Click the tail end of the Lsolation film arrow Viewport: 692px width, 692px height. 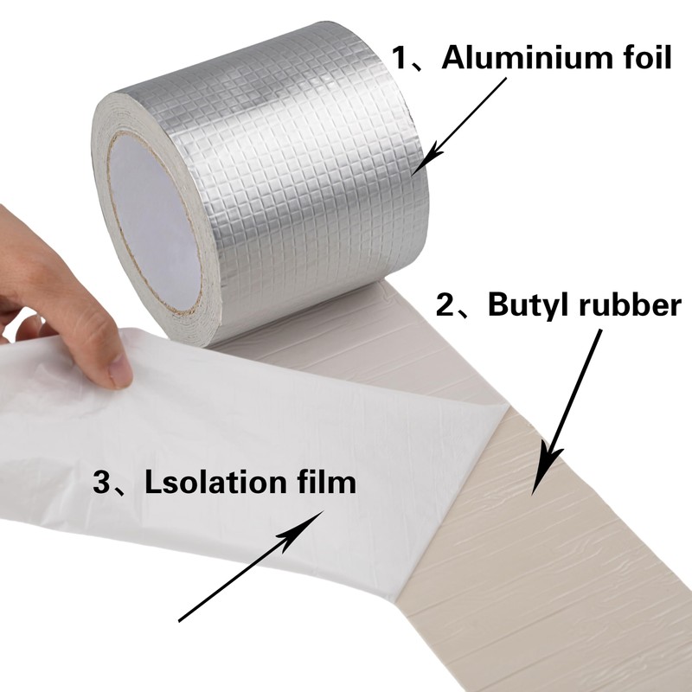(x=180, y=618)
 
